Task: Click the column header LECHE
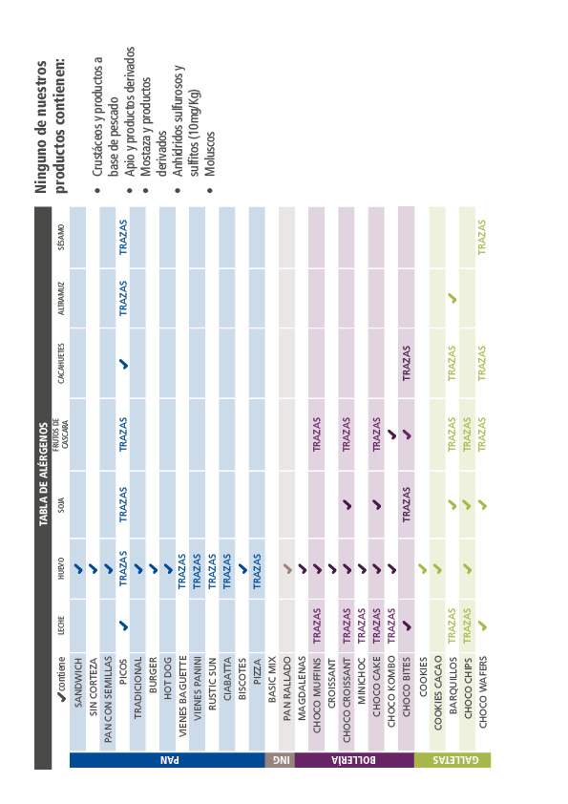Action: pos(61,625)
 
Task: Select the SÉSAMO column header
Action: pos(61,237)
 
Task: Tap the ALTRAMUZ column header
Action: pos(61,299)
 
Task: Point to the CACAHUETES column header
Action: pos(61,364)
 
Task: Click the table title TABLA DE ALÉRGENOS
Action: pos(44,474)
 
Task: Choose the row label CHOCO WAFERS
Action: pos(483,691)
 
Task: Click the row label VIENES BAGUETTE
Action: pos(182,696)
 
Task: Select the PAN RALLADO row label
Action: pos(287,688)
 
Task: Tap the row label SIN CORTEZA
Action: pos(93,687)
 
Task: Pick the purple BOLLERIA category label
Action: pos(354,760)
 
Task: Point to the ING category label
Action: pos(281,760)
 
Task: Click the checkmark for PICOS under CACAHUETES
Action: pos(123,364)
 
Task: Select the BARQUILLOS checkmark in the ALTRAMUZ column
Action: pos(452,298)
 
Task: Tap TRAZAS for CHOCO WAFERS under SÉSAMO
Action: pos(482,237)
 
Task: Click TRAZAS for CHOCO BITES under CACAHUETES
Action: pos(407,363)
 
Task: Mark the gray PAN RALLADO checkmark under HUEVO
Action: pos(288,568)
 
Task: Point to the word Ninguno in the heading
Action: pos(41,164)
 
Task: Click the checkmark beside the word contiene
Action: pos(61,697)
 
